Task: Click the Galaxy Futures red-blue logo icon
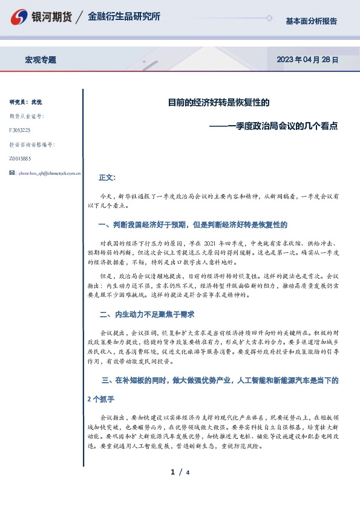tap(21, 17)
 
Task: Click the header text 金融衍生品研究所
tap(124, 17)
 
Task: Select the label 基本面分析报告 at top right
tap(311, 21)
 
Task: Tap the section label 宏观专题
tap(41, 60)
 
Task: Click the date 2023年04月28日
tap(307, 60)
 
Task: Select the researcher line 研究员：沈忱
tap(26, 101)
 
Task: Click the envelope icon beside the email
tap(13, 173)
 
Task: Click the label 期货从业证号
tap(27, 115)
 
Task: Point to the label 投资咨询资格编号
tap(32, 144)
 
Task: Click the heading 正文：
tap(106, 178)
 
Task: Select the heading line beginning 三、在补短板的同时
tap(220, 380)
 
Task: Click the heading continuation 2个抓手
tap(101, 400)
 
